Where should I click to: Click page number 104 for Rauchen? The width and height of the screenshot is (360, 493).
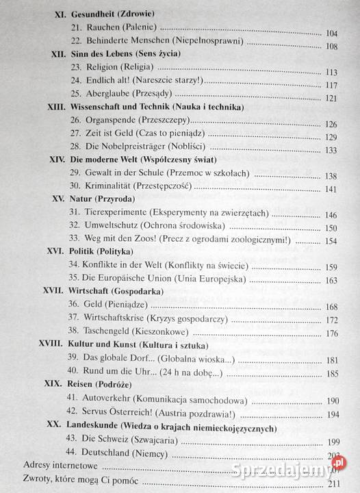[x=331, y=33]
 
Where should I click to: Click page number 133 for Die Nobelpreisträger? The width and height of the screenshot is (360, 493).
[x=332, y=151]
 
